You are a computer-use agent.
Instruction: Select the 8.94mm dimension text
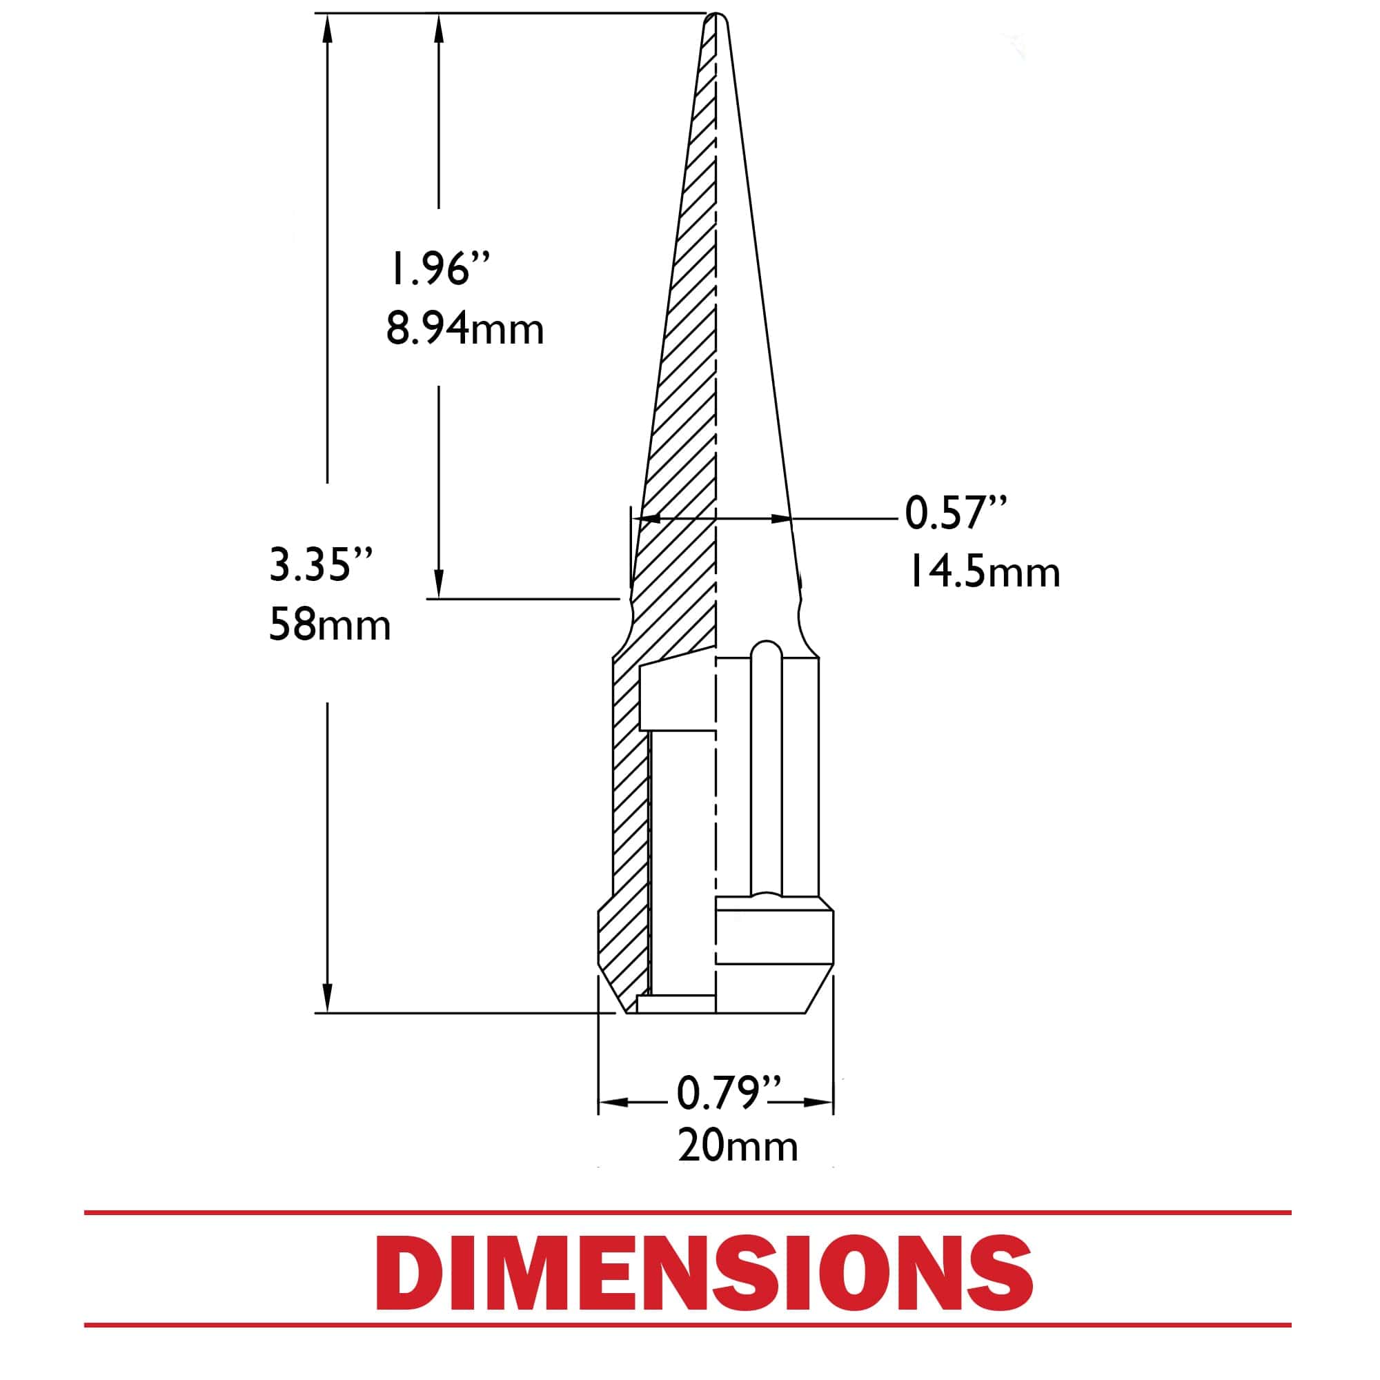(465, 328)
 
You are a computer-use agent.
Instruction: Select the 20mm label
(738, 1146)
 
